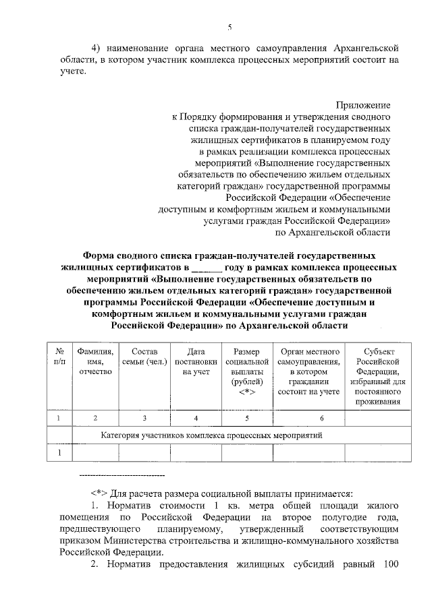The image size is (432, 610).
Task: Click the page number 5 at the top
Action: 230,27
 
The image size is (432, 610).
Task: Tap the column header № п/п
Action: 59,357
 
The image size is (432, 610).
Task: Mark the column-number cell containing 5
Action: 246,419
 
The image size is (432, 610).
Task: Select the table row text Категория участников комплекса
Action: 211,435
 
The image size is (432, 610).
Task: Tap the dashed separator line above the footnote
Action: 122,477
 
